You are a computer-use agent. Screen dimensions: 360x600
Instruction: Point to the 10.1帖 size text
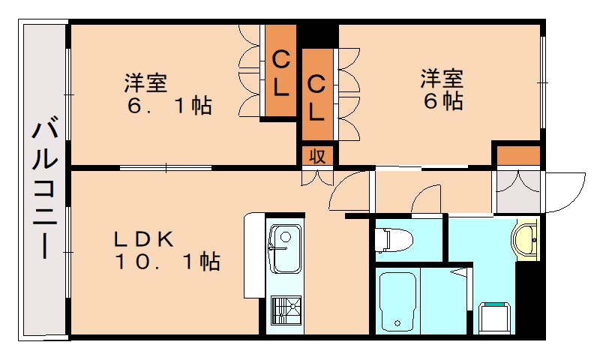pos(166,262)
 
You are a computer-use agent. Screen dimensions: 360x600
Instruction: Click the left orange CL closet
pos(280,72)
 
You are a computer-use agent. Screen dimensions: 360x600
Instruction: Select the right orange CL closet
pos(316,96)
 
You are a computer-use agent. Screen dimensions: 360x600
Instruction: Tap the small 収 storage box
pos(317,155)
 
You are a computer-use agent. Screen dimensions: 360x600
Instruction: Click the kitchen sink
pos(285,248)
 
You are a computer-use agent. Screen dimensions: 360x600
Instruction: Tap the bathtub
pos(398,301)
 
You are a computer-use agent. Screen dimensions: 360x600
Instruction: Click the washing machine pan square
pos(494,317)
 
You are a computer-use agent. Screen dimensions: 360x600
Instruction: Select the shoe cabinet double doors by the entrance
pos(517,188)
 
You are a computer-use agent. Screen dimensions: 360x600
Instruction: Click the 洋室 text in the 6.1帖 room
pos(145,81)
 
